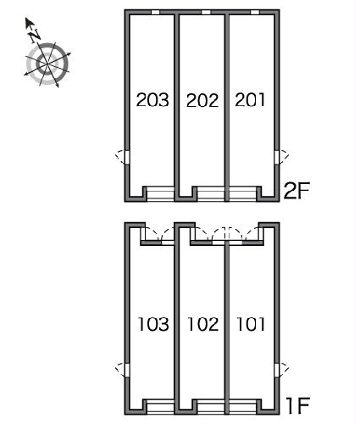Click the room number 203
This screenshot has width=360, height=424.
click(x=152, y=100)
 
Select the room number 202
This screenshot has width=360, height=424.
click(x=202, y=100)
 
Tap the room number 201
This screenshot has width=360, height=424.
click(x=250, y=100)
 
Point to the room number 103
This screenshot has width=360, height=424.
click(x=153, y=324)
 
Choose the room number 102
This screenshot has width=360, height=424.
click(x=203, y=324)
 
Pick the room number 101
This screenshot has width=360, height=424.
click(x=251, y=324)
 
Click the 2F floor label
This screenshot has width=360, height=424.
click(x=296, y=191)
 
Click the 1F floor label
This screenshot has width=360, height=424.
click(x=297, y=405)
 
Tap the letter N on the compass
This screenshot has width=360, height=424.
click(x=35, y=36)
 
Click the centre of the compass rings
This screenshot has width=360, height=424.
click(x=47, y=64)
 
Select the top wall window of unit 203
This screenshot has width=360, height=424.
click(x=156, y=12)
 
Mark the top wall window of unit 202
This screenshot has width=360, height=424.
click(x=206, y=12)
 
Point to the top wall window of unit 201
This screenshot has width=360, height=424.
click(x=255, y=12)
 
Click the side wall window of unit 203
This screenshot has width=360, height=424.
click(x=127, y=157)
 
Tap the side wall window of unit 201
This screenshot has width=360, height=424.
click(x=277, y=157)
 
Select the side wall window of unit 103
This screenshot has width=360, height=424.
click(x=127, y=371)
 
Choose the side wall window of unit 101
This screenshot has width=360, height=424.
click(x=277, y=371)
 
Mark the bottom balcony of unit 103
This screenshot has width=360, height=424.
click(x=160, y=408)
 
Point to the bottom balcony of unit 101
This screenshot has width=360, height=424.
click(x=242, y=408)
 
